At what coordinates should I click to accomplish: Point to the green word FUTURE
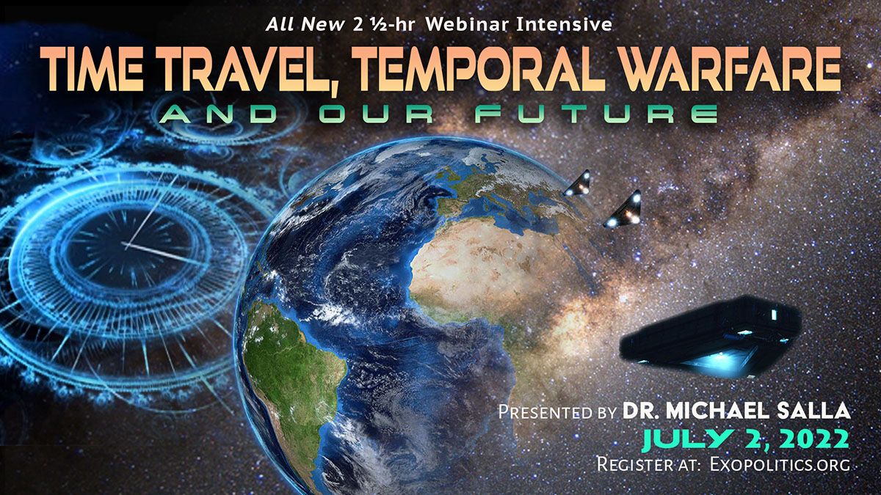click(x=595, y=114)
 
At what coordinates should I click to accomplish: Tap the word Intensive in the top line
click(x=565, y=25)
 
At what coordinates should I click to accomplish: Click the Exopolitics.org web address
click(x=780, y=464)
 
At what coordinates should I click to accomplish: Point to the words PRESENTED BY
click(x=557, y=411)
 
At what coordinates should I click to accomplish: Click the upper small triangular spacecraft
click(x=577, y=183)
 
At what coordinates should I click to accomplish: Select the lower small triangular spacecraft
click(x=623, y=210)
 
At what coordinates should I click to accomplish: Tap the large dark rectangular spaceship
click(x=711, y=337)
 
